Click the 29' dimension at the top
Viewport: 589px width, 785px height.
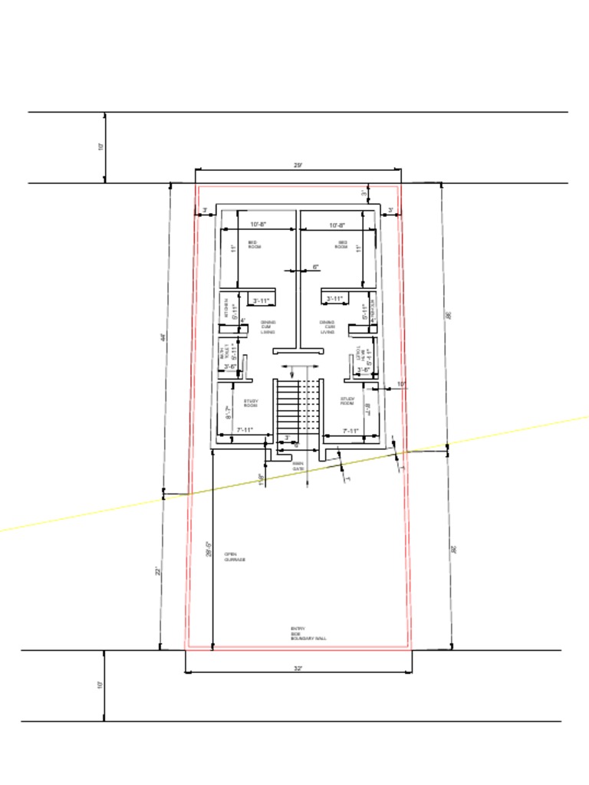point(298,165)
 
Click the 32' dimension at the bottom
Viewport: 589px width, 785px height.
point(298,668)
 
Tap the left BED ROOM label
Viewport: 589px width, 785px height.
point(255,245)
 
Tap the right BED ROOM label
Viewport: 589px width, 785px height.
point(342,245)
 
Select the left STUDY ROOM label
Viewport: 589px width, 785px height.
point(251,402)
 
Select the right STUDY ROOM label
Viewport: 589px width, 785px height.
point(347,400)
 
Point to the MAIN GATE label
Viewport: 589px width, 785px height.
point(298,465)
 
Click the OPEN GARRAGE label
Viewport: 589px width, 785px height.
point(235,557)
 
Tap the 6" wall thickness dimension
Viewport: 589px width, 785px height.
point(315,267)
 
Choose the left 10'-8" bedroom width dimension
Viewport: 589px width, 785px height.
point(258,225)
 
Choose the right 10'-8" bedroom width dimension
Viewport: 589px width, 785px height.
point(337,225)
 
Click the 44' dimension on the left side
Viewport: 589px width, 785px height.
point(164,337)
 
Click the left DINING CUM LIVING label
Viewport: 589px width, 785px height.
point(268,327)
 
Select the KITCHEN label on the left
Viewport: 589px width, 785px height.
point(226,308)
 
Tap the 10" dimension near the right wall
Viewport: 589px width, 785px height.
point(401,383)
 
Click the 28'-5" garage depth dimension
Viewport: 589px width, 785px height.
point(209,549)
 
